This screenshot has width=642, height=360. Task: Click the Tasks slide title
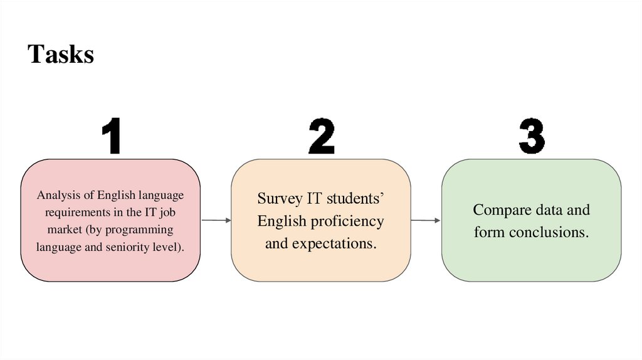[61, 55]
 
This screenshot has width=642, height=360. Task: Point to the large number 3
[532, 137]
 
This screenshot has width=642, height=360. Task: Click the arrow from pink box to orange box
[216, 220]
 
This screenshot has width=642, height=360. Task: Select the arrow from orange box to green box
[426, 220]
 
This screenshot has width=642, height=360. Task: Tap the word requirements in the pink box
[72, 212]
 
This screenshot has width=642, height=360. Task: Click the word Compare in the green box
[500, 209]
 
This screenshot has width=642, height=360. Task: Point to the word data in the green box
[550, 209]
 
